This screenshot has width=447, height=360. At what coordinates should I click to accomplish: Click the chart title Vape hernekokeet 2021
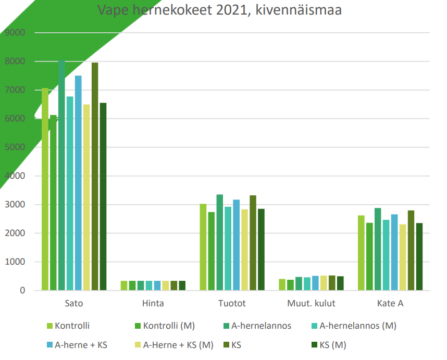tap(219, 10)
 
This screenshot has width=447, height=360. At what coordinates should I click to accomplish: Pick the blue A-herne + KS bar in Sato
tap(78, 182)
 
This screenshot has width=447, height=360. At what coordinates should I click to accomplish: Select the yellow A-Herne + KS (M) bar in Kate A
tap(403, 257)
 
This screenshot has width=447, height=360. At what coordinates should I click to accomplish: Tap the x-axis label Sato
tap(74, 303)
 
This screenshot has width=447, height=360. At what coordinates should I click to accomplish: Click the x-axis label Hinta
tap(153, 303)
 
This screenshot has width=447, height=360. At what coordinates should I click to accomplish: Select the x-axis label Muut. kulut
tap(312, 303)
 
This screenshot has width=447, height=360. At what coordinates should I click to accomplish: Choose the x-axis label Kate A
tap(391, 303)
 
